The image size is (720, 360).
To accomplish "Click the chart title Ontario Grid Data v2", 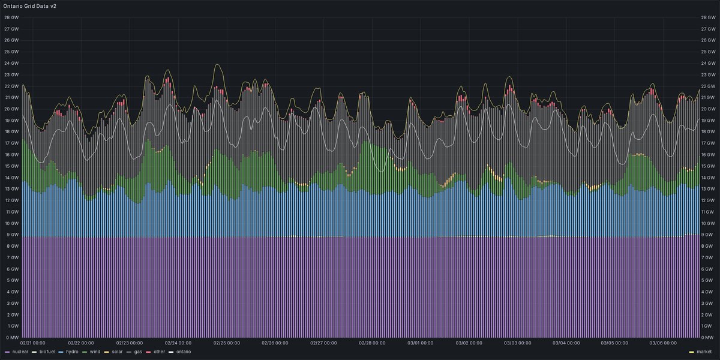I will pyautogui.click(x=30, y=5).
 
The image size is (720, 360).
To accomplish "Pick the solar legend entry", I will pyautogui.click(x=119, y=351).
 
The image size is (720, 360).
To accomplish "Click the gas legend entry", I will pyautogui.click(x=138, y=351).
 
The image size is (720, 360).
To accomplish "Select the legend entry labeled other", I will pyautogui.click(x=159, y=351).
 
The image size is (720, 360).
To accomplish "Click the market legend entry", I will pyautogui.click(x=704, y=351).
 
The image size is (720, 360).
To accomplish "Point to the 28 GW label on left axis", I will pyautogui.click(x=11, y=17).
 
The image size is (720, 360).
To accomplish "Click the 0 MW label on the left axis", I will pyautogui.click(x=11, y=338).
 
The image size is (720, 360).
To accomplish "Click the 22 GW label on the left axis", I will pyautogui.click(x=11, y=86).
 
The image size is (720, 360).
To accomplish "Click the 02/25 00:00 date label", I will pyautogui.click(x=226, y=343).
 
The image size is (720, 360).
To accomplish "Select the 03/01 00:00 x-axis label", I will pyautogui.click(x=421, y=343).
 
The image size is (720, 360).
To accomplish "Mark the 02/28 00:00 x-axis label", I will pyautogui.click(x=372, y=343).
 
